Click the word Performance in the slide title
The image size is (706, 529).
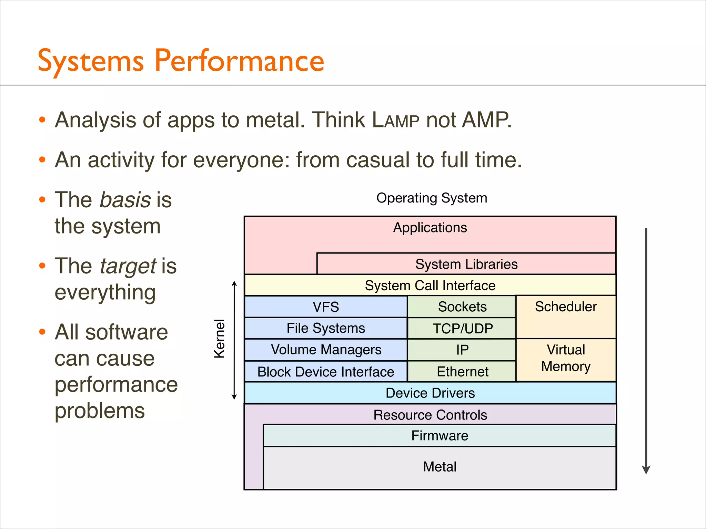239,61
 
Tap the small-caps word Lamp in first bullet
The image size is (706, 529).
396,120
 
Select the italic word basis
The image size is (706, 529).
125,200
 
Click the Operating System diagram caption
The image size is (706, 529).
432,198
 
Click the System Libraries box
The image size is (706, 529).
466,264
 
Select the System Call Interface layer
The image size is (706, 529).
430,286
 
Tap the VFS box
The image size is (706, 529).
326,307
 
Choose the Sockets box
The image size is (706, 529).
462,307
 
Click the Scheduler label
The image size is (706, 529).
566,307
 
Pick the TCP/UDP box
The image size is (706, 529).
462,329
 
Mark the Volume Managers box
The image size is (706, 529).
326,350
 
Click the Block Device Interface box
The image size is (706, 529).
326,372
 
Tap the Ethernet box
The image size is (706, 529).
462,372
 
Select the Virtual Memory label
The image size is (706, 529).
566,358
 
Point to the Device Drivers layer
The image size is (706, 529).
430,393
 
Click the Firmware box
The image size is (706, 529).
440,436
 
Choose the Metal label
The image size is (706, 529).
440,467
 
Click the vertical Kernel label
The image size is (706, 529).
220,339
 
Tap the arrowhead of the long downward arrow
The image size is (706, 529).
646,470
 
